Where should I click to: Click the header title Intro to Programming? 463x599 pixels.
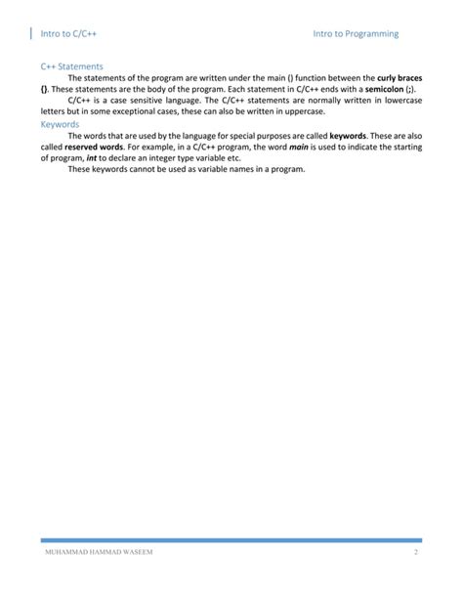[356, 34]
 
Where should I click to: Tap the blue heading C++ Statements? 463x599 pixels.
[71, 66]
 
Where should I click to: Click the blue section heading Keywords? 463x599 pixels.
[61, 124]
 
